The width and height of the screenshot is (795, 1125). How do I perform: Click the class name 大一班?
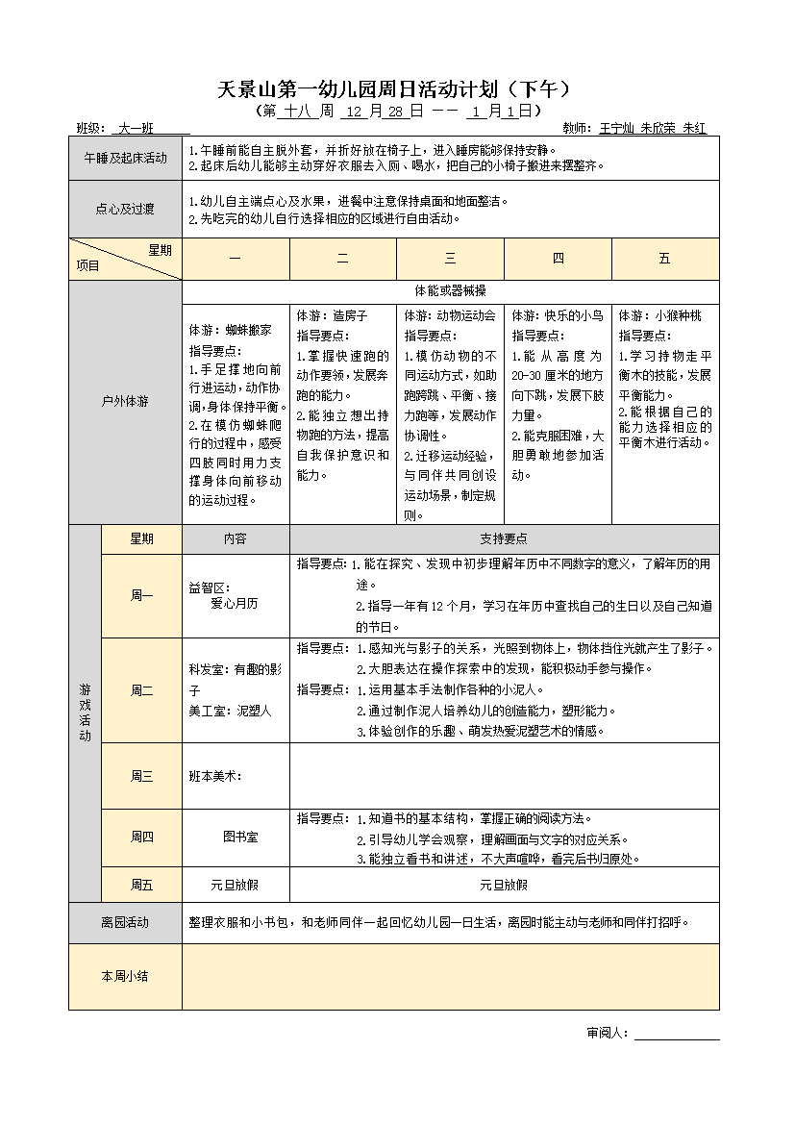coord(136,128)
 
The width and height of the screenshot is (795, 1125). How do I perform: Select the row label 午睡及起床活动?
coord(125,158)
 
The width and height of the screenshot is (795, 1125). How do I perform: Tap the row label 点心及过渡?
coord(125,209)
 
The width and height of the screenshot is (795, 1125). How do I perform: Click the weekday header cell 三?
coord(451,259)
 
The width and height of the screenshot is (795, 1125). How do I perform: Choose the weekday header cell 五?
coord(665,259)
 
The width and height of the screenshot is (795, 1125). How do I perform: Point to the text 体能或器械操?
coord(450,290)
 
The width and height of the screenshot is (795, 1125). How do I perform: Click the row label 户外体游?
coord(125,401)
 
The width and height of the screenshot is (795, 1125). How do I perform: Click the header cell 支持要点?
coord(504,539)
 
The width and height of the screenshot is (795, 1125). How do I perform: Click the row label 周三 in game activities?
coord(141,776)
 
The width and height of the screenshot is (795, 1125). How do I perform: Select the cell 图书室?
coord(235,837)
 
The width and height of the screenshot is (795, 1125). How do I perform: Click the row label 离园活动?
coord(125,922)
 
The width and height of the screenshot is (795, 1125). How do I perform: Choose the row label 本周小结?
coord(125,976)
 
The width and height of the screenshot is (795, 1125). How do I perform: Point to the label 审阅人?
coord(608,1033)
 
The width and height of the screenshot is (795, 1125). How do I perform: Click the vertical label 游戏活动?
coord(85,712)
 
